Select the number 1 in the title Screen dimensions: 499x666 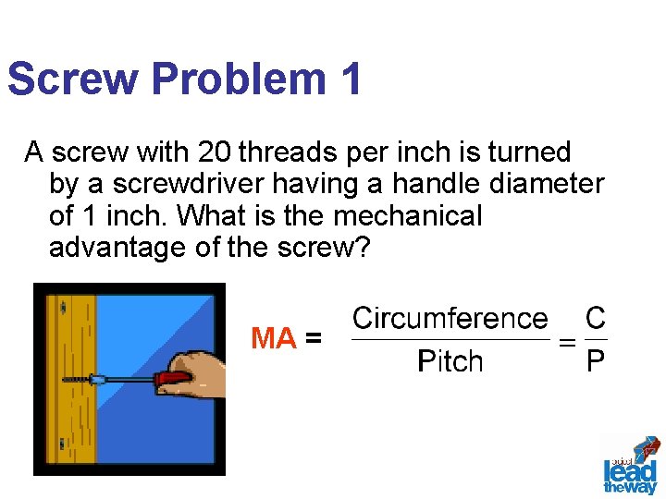[350, 79]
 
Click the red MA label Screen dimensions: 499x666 [273, 339]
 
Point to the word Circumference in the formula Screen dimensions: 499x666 [450, 319]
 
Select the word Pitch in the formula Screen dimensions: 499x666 [450, 360]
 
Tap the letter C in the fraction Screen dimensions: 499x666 [596, 319]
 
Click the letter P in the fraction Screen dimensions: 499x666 [596, 360]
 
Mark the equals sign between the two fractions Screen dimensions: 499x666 [567, 341]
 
